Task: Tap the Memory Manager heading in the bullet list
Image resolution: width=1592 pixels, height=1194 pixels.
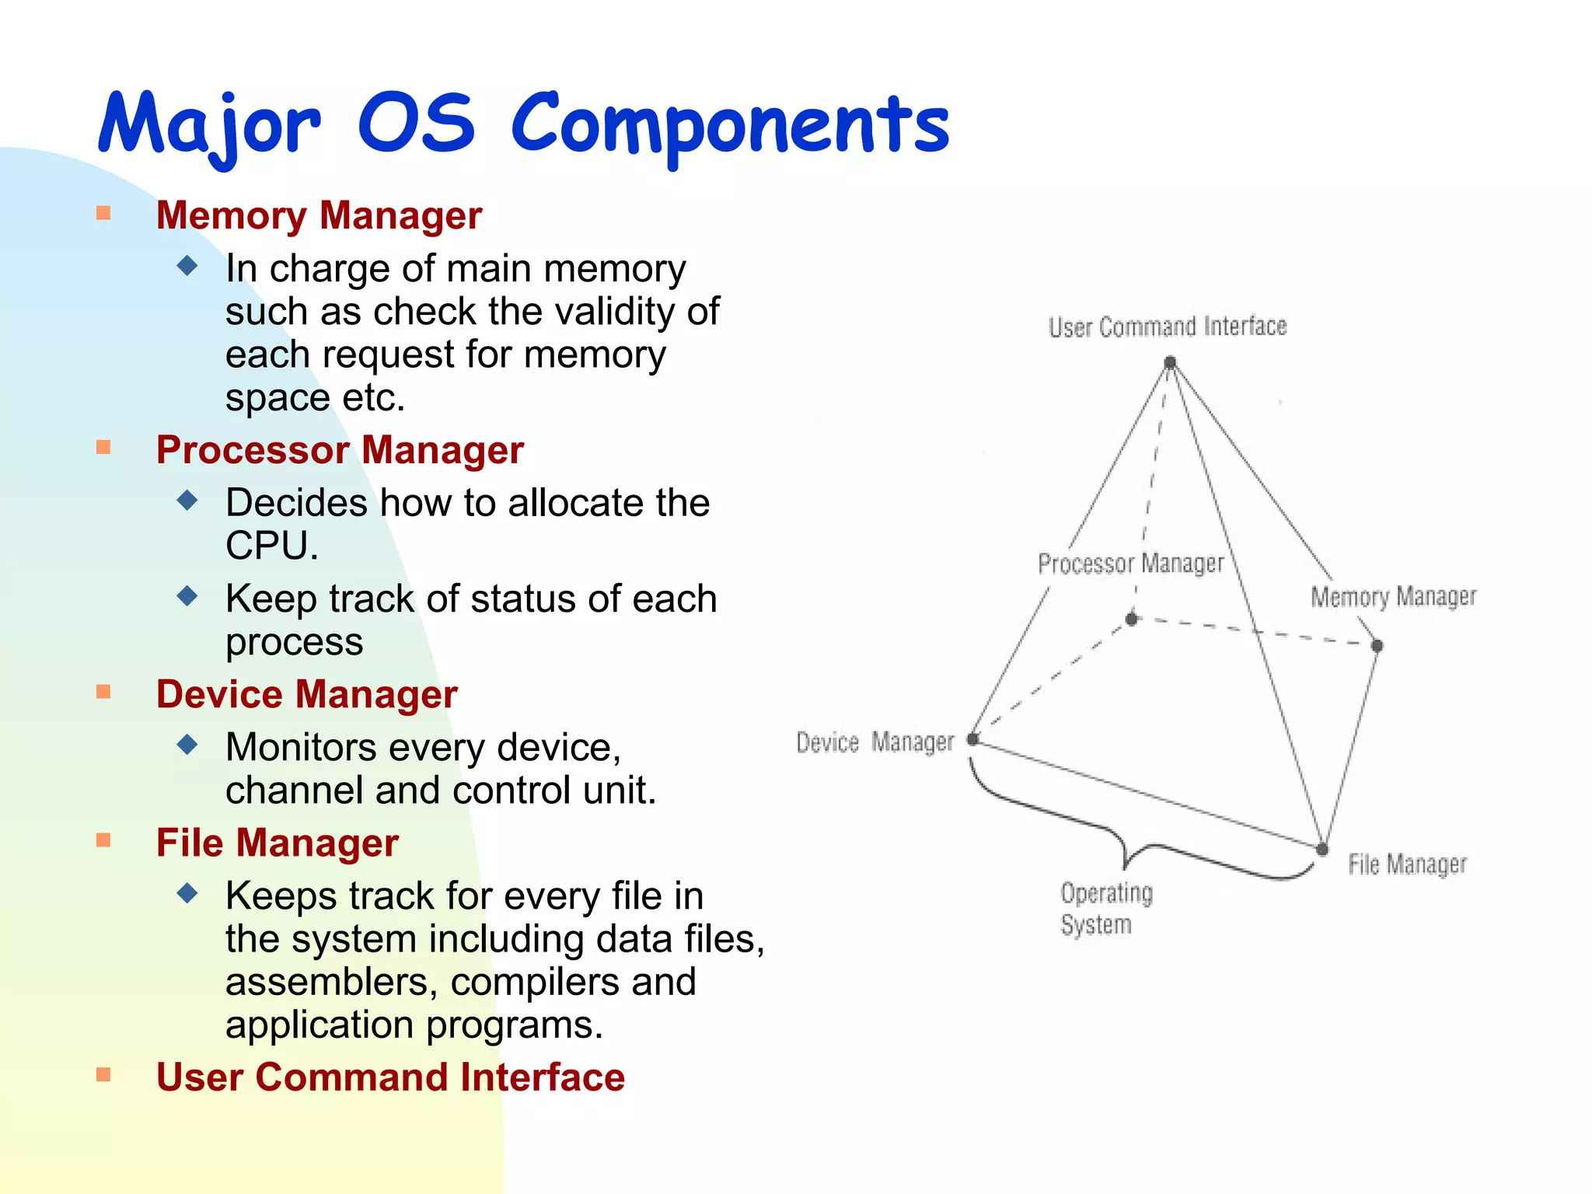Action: click(319, 215)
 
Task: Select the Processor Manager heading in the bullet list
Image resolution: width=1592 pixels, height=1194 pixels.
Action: click(340, 450)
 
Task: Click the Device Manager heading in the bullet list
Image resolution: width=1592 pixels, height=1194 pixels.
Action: click(306, 694)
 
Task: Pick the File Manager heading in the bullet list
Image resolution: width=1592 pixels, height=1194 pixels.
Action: click(277, 843)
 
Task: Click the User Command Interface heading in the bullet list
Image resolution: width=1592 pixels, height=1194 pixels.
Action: click(390, 1077)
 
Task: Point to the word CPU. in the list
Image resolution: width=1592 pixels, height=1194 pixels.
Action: click(272, 546)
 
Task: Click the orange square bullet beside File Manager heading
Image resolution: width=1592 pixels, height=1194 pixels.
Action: click(103, 840)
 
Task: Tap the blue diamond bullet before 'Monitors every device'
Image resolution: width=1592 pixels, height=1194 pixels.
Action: click(187, 745)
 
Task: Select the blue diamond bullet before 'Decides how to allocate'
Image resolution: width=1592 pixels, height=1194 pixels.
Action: click(187, 500)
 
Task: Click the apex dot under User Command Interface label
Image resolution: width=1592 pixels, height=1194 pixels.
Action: click(1170, 362)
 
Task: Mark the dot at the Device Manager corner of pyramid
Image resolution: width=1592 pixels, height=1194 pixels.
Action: click(972, 739)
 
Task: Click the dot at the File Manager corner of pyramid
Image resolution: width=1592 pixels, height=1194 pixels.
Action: click(1322, 849)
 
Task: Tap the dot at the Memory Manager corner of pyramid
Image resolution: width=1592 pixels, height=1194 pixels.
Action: click(1377, 645)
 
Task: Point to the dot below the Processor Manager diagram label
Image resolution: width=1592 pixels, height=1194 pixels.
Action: click(1132, 619)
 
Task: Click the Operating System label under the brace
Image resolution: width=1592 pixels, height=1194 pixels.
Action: click(1105, 909)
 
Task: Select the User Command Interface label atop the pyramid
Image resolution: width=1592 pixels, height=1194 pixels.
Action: click(1167, 326)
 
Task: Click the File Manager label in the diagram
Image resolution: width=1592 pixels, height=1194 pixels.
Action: click(1406, 864)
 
